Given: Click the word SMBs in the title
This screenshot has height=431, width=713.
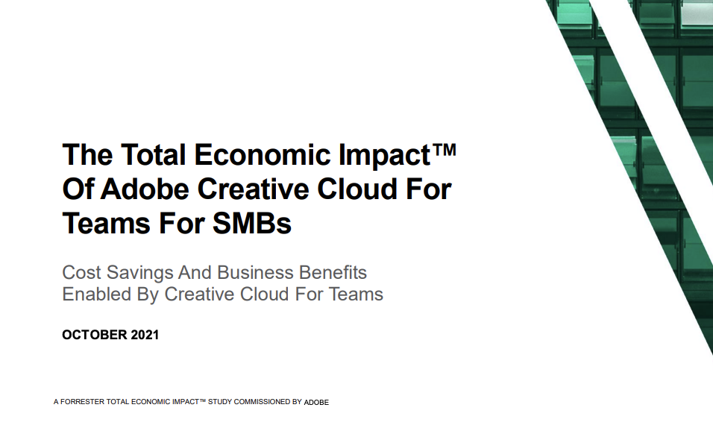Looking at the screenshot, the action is [x=252, y=223].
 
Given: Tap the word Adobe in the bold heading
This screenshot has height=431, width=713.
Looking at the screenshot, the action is [x=145, y=189].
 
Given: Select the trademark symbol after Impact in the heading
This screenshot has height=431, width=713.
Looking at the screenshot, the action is [x=444, y=150].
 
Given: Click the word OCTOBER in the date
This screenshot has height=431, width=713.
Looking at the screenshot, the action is [x=94, y=335].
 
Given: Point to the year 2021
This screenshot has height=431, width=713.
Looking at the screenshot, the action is [x=145, y=335].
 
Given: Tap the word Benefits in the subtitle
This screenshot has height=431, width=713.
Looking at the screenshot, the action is [x=333, y=272].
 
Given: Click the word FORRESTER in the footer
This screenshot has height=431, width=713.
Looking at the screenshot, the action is [x=82, y=402].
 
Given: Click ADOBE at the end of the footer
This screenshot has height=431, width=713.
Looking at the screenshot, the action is [x=316, y=403].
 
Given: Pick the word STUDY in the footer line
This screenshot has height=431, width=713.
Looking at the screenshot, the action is [x=219, y=402].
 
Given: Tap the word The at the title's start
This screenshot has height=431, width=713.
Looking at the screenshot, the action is [x=87, y=154].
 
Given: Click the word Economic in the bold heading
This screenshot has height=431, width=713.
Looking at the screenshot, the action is [x=263, y=154].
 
